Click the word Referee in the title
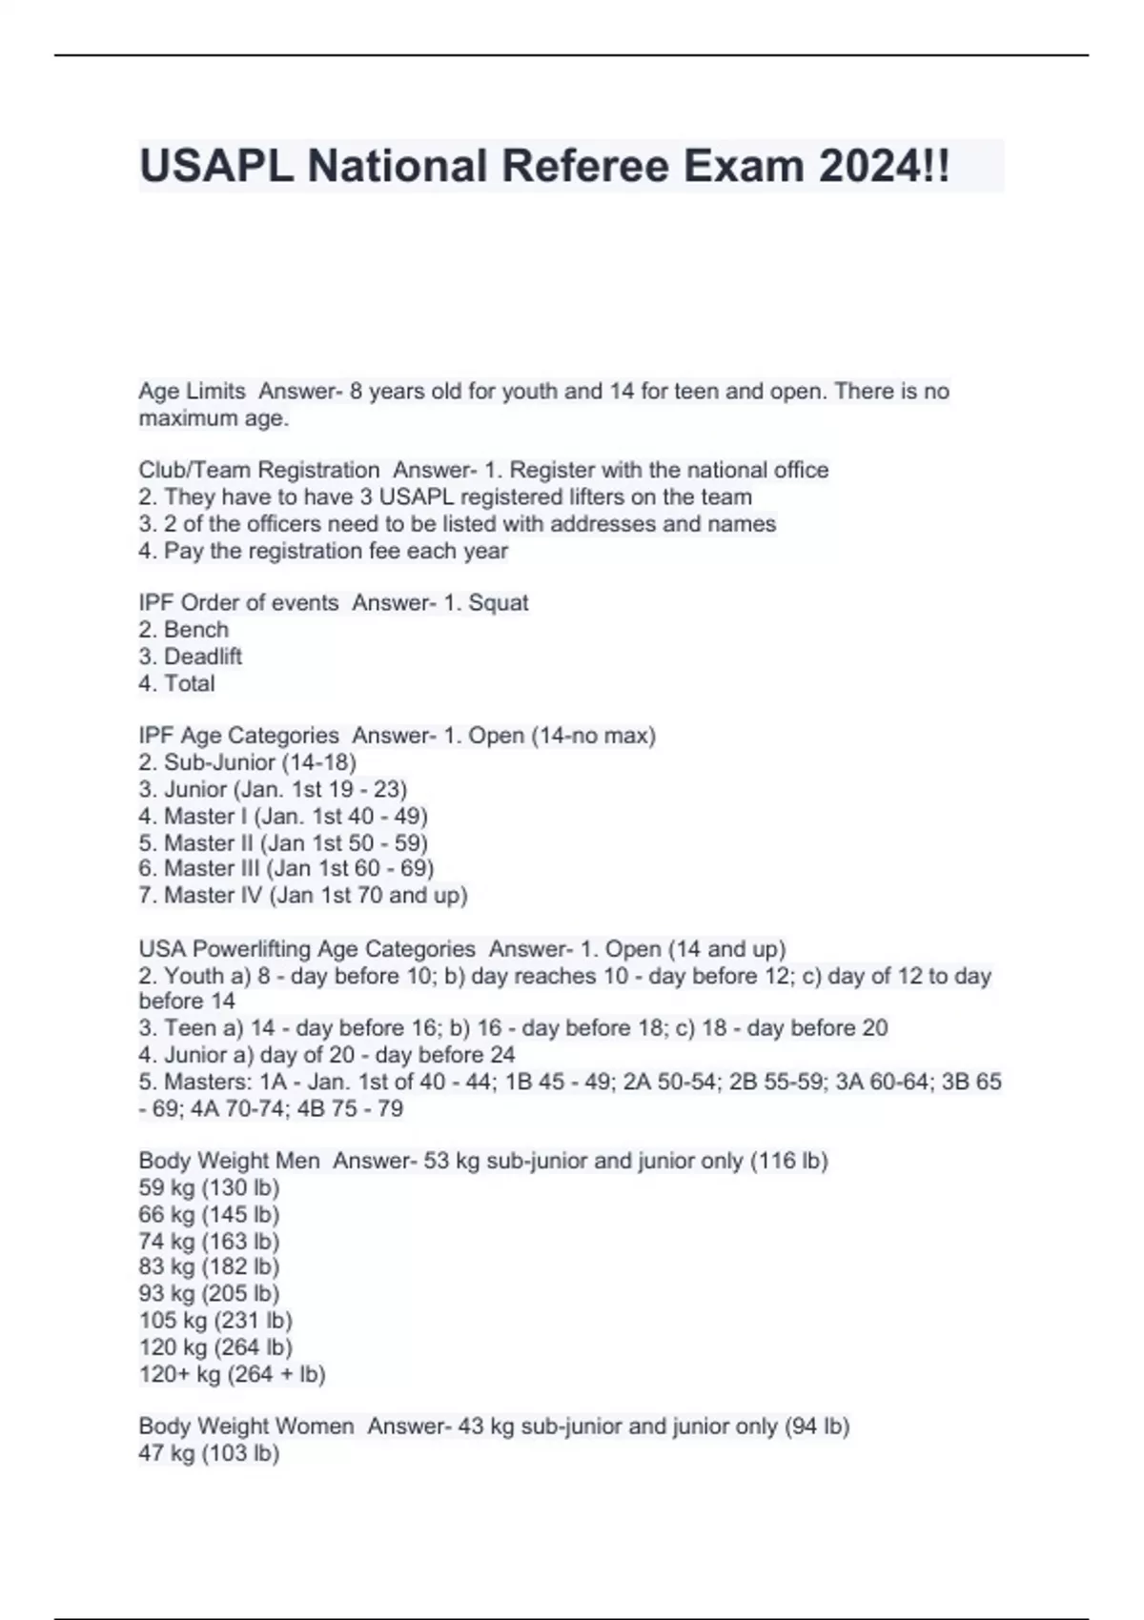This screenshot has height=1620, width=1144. click(585, 167)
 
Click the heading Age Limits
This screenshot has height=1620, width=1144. click(192, 392)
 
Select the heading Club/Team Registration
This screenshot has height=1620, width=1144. click(258, 470)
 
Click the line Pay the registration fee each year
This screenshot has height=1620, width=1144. click(323, 551)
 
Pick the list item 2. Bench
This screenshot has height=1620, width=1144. click(183, 630)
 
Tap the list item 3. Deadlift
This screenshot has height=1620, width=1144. click(190, 657)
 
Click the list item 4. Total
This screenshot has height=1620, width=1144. click(176, 683)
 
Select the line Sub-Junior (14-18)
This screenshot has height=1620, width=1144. click(247, 762)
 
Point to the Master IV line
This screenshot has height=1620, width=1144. click(302, 896)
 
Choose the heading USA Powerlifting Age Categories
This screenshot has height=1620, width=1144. click(307, 949)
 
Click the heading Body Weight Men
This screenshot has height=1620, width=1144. click(229, 1161)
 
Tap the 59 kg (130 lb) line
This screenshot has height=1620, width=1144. click(209, 1187)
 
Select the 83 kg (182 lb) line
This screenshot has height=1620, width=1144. click(209, 1266)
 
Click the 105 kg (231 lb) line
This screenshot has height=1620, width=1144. click(215, 1320)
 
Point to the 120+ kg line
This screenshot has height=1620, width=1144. click(232, 1374)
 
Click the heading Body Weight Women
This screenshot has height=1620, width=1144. click(246, 1427)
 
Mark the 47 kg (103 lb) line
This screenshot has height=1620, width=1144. click(209, 1453)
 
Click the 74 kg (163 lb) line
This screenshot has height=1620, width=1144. click(209, 1241)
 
